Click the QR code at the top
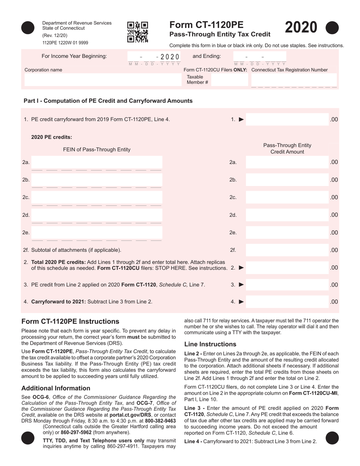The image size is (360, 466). click(x=138, y=32)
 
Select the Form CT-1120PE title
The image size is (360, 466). click(x=206, y=25)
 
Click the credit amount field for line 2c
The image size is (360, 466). click(x=287, y=197)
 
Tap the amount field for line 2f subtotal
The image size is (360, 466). click(x=287, y=250)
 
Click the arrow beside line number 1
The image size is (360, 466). click(x=241, y=120)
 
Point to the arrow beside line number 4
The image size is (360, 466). click(x=241, y=302)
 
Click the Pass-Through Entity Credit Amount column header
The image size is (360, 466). click(x=287, y=149)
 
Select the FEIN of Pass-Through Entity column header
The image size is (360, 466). click(x=97, y=150)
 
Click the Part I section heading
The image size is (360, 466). click(x=108, y=101)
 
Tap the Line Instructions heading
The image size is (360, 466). click(x=210, y=344)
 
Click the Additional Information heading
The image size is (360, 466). click(x=56, y=388)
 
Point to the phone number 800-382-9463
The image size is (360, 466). click(x=160, y=421)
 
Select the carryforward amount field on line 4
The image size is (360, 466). click(x=287, y=302)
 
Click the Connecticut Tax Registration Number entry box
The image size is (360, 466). click(x=294, y=80)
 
